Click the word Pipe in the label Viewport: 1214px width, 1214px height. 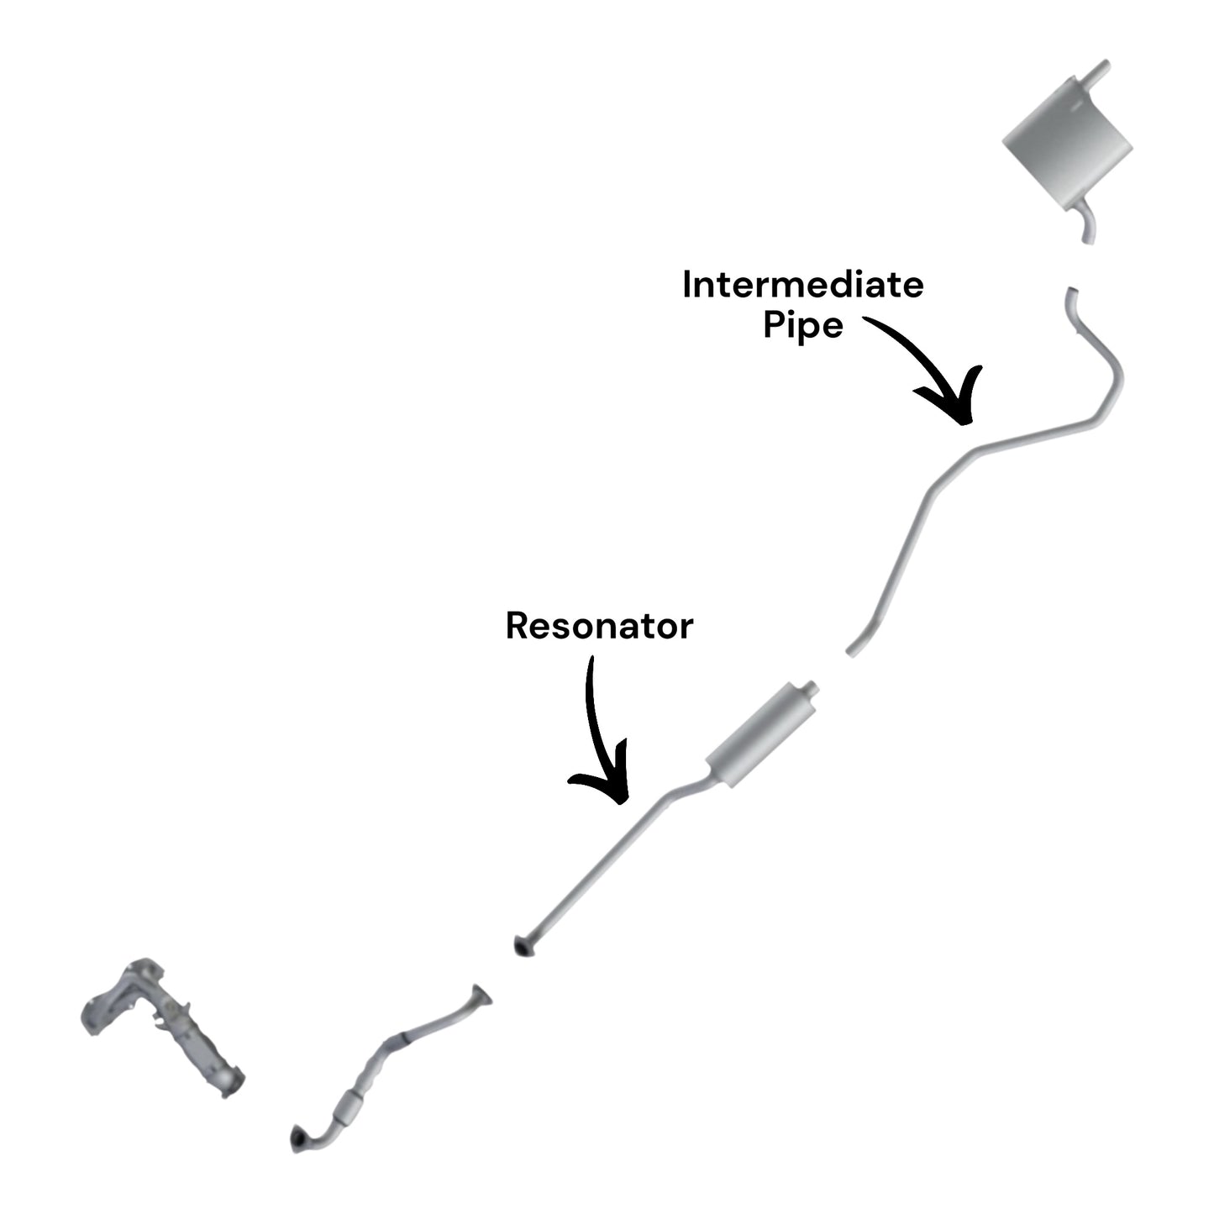pyautogui.click(x=802, y=325)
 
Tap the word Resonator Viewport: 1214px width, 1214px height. pyautogui.click(x=599, y=626)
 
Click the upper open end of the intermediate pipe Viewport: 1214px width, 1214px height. pyautogui.click(x=1072, y=293)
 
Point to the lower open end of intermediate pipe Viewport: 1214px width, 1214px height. pyautogui.click(x=850, y=651)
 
